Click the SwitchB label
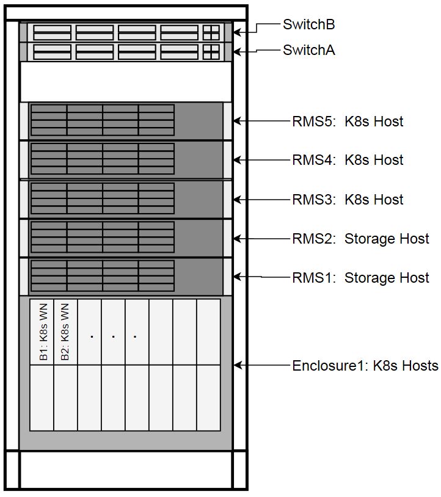pos(309,24)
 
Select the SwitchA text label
pos(309,50)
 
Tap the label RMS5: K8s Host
pos(348,122)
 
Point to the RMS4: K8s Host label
pos(348,160)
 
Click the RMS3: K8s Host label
pos(348,200)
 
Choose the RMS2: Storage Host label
pos(360,239)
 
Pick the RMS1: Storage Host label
pos(360,278)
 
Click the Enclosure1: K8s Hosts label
pos(365,366)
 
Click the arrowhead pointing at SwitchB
pos(237,32)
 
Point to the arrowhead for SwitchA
pos(237,51)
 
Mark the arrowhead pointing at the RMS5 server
pos(237,121)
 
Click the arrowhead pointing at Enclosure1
pos(237,365)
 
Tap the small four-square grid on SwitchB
pos(211,32)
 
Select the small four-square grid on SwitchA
pos(211,52)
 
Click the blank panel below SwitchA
pos(126,82)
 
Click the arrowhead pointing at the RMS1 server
pos(237,277)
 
